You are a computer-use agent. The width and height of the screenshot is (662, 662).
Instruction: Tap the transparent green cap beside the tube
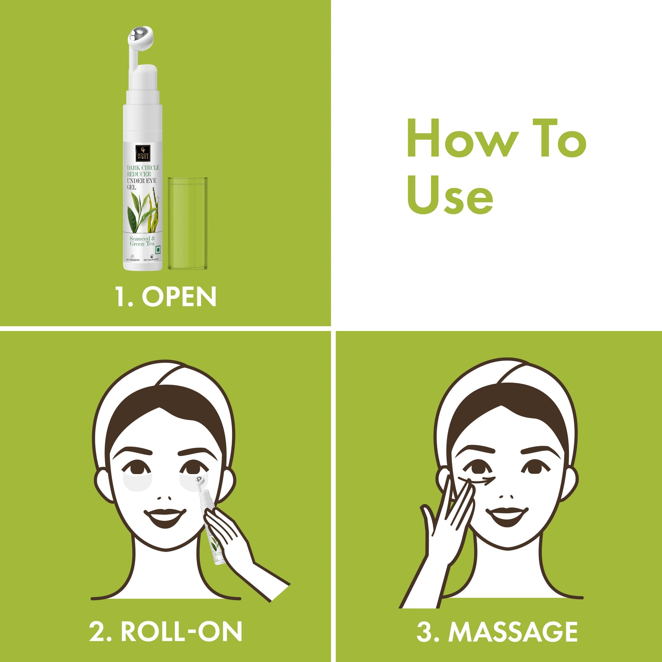click(188, 223)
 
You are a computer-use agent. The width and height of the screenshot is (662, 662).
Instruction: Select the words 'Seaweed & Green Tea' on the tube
click(142, 241)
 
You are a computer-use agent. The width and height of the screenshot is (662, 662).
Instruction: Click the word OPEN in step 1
click(179, 297)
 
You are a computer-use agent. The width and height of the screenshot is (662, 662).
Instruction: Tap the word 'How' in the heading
click(462, 139)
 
